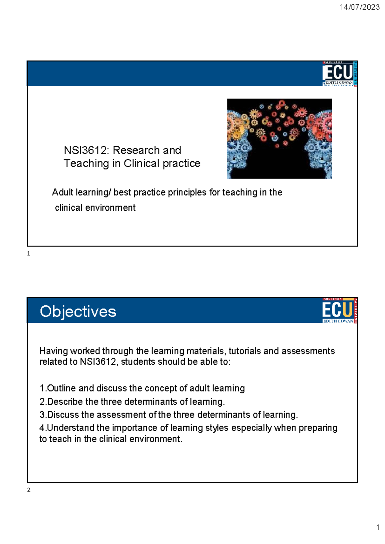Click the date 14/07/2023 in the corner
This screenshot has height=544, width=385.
[359, 7]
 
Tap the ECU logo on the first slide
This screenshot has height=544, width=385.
[339, 73]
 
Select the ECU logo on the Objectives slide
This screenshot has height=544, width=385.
[339, 310]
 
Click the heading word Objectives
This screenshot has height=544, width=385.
[78, 311]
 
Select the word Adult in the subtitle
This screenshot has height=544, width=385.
[63, 192]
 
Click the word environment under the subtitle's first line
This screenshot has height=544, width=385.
[110, 208]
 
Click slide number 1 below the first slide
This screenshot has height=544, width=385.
[29, 254]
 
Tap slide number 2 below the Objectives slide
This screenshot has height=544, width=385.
[29, 490]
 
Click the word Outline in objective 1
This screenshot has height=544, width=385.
[62, 388]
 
